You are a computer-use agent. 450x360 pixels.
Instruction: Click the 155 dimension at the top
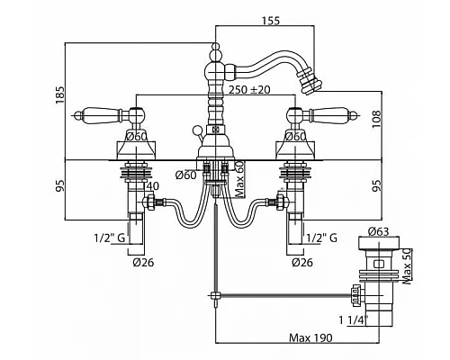pos(271,21)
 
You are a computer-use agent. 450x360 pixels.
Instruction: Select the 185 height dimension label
pos(59,95)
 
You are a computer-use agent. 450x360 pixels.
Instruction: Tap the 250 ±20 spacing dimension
pos(249,89)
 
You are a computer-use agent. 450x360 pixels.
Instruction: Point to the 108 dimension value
pos(376,119)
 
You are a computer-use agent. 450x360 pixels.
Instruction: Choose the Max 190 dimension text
pos(310,338)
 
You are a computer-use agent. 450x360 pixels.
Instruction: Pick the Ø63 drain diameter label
pos(379,231)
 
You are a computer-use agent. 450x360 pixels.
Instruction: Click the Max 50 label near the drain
pos(407,266)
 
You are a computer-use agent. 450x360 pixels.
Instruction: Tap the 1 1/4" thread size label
pos(353,320)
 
